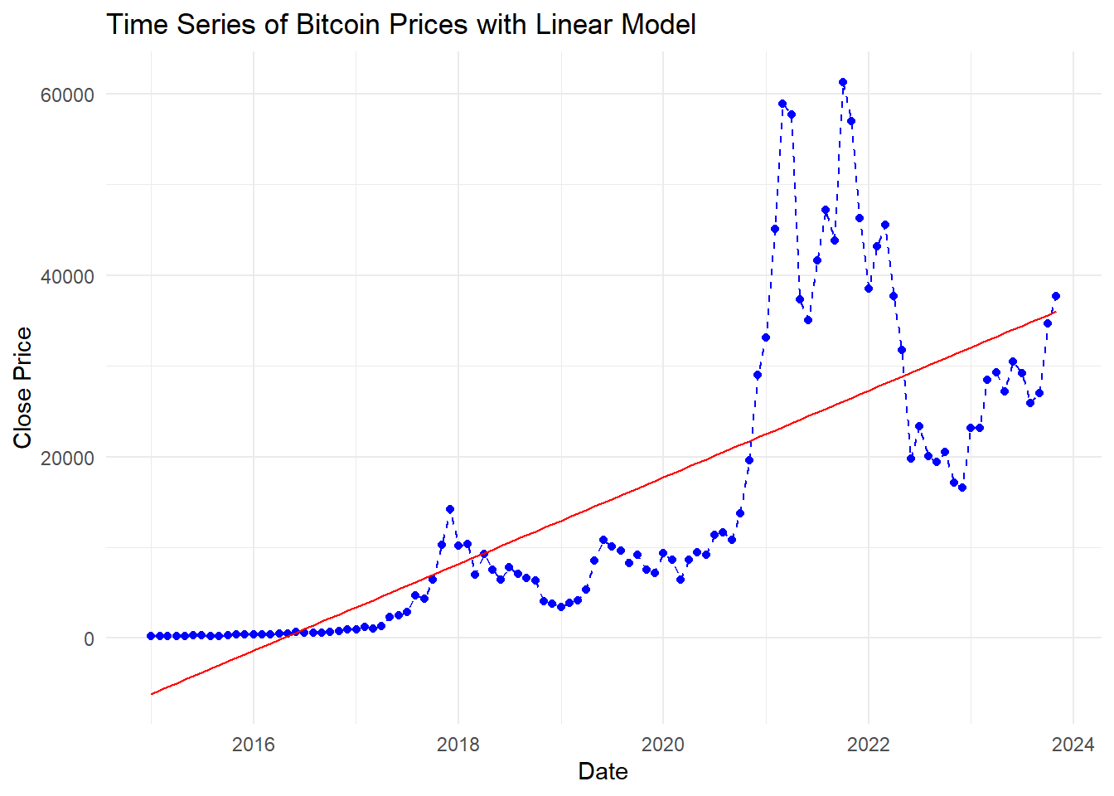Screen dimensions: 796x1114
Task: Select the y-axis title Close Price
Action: [22, 387]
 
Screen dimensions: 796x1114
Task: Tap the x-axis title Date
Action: [603, 771]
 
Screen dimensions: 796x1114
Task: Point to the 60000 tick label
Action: [67, 95]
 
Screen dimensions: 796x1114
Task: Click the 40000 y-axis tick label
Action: [67, 276]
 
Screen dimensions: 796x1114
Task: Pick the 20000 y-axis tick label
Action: [67, 458]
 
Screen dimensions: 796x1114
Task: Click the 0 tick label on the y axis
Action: [89, 639]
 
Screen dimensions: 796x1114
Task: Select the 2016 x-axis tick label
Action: [253, 744]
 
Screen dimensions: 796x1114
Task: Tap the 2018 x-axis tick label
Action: [458, 744]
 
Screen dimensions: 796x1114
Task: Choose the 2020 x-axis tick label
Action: [663, 744]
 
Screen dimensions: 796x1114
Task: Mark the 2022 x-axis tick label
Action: [868, 744]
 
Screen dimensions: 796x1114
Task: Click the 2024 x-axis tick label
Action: [1073, 744]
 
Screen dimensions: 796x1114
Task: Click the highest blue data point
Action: [843, 82]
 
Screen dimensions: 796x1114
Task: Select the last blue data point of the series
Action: [1056, 296]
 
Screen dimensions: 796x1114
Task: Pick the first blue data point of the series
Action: [151, 636]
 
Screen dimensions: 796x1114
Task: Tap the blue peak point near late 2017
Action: [450, 509]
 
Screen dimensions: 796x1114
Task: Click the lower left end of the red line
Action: [152, 693]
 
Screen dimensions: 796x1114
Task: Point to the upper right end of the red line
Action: [1055, 312]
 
